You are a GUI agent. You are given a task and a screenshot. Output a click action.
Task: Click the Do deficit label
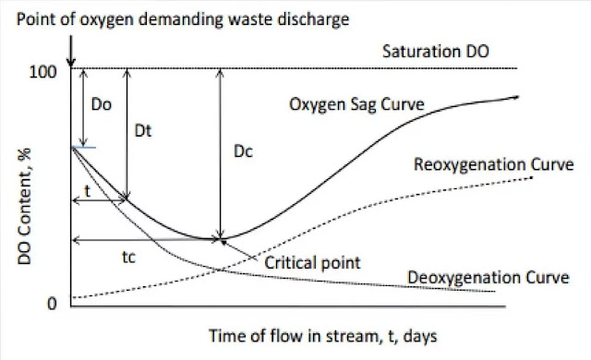(102, 107)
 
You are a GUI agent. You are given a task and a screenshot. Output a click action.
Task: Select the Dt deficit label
(144, 132)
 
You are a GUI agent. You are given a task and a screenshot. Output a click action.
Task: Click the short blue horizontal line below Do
(83, 146)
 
